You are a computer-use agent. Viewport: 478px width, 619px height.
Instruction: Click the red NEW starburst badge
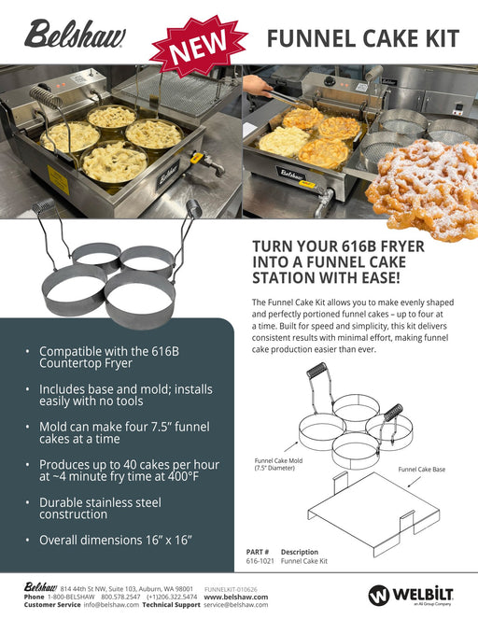tap(199, 46)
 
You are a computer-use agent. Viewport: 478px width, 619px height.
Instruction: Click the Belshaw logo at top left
tap(75, 35)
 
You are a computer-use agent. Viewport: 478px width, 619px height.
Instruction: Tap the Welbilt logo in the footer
tap(411, 596)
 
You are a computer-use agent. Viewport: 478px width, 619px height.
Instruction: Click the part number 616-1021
tap(260, 561)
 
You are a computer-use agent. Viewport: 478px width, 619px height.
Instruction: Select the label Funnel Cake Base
tap(422, 470)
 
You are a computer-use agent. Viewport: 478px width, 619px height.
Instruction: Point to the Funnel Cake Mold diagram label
tap(278, 464)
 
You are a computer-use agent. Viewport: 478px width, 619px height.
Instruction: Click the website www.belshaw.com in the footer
tap(236, 597)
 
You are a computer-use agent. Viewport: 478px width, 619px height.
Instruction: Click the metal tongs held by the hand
tap(288, 100)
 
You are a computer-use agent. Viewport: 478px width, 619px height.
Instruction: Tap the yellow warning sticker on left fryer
tap(58, 180)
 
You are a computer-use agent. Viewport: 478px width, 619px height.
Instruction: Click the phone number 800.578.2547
tap(120, 597)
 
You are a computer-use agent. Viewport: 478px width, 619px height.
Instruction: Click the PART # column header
tap(258, 552)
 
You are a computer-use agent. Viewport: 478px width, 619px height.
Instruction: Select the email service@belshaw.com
tap(235, 605)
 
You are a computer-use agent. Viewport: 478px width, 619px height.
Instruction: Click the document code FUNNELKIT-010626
tap(231, 589)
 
